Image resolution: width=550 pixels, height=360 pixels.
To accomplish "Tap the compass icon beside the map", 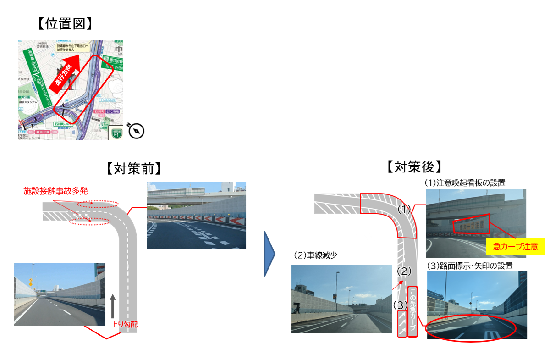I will (137, 131).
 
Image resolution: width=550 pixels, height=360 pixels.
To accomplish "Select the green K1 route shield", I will (117, 133).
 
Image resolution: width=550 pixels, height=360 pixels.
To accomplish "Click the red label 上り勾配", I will (124, 324).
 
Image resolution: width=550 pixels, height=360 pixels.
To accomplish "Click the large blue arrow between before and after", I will (269, 254).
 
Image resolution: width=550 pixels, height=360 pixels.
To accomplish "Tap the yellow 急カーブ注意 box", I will (515, 246).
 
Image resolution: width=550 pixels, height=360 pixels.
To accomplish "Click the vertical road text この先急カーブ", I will (412, 311).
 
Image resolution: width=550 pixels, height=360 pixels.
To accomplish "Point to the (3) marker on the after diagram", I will (400, 305).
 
